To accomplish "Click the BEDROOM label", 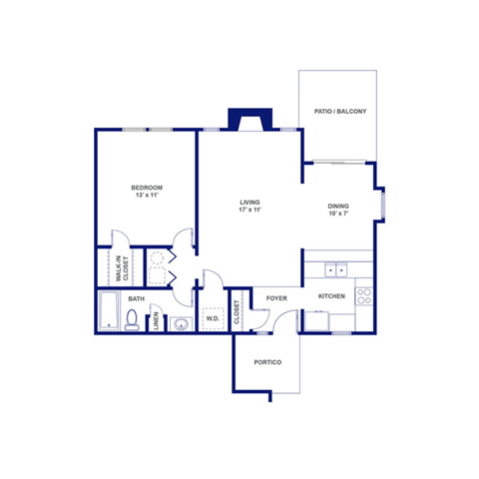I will point(147,188).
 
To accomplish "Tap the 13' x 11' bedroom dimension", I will point(147,196).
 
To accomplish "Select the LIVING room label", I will point(248,203).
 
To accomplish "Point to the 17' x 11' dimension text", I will point(248,211).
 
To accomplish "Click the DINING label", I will point(338,207).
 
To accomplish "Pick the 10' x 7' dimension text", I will point(338,215).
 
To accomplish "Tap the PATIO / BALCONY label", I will point(340,112).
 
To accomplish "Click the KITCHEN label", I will point(332,296).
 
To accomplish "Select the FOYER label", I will point(276,296).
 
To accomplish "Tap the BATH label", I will point(136,297).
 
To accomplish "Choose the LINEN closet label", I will point(156,322).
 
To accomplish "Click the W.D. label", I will point(213,320).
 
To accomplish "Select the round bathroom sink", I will point(181,323).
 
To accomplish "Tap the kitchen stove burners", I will point(364,295).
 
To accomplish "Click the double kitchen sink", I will point(337,269).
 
